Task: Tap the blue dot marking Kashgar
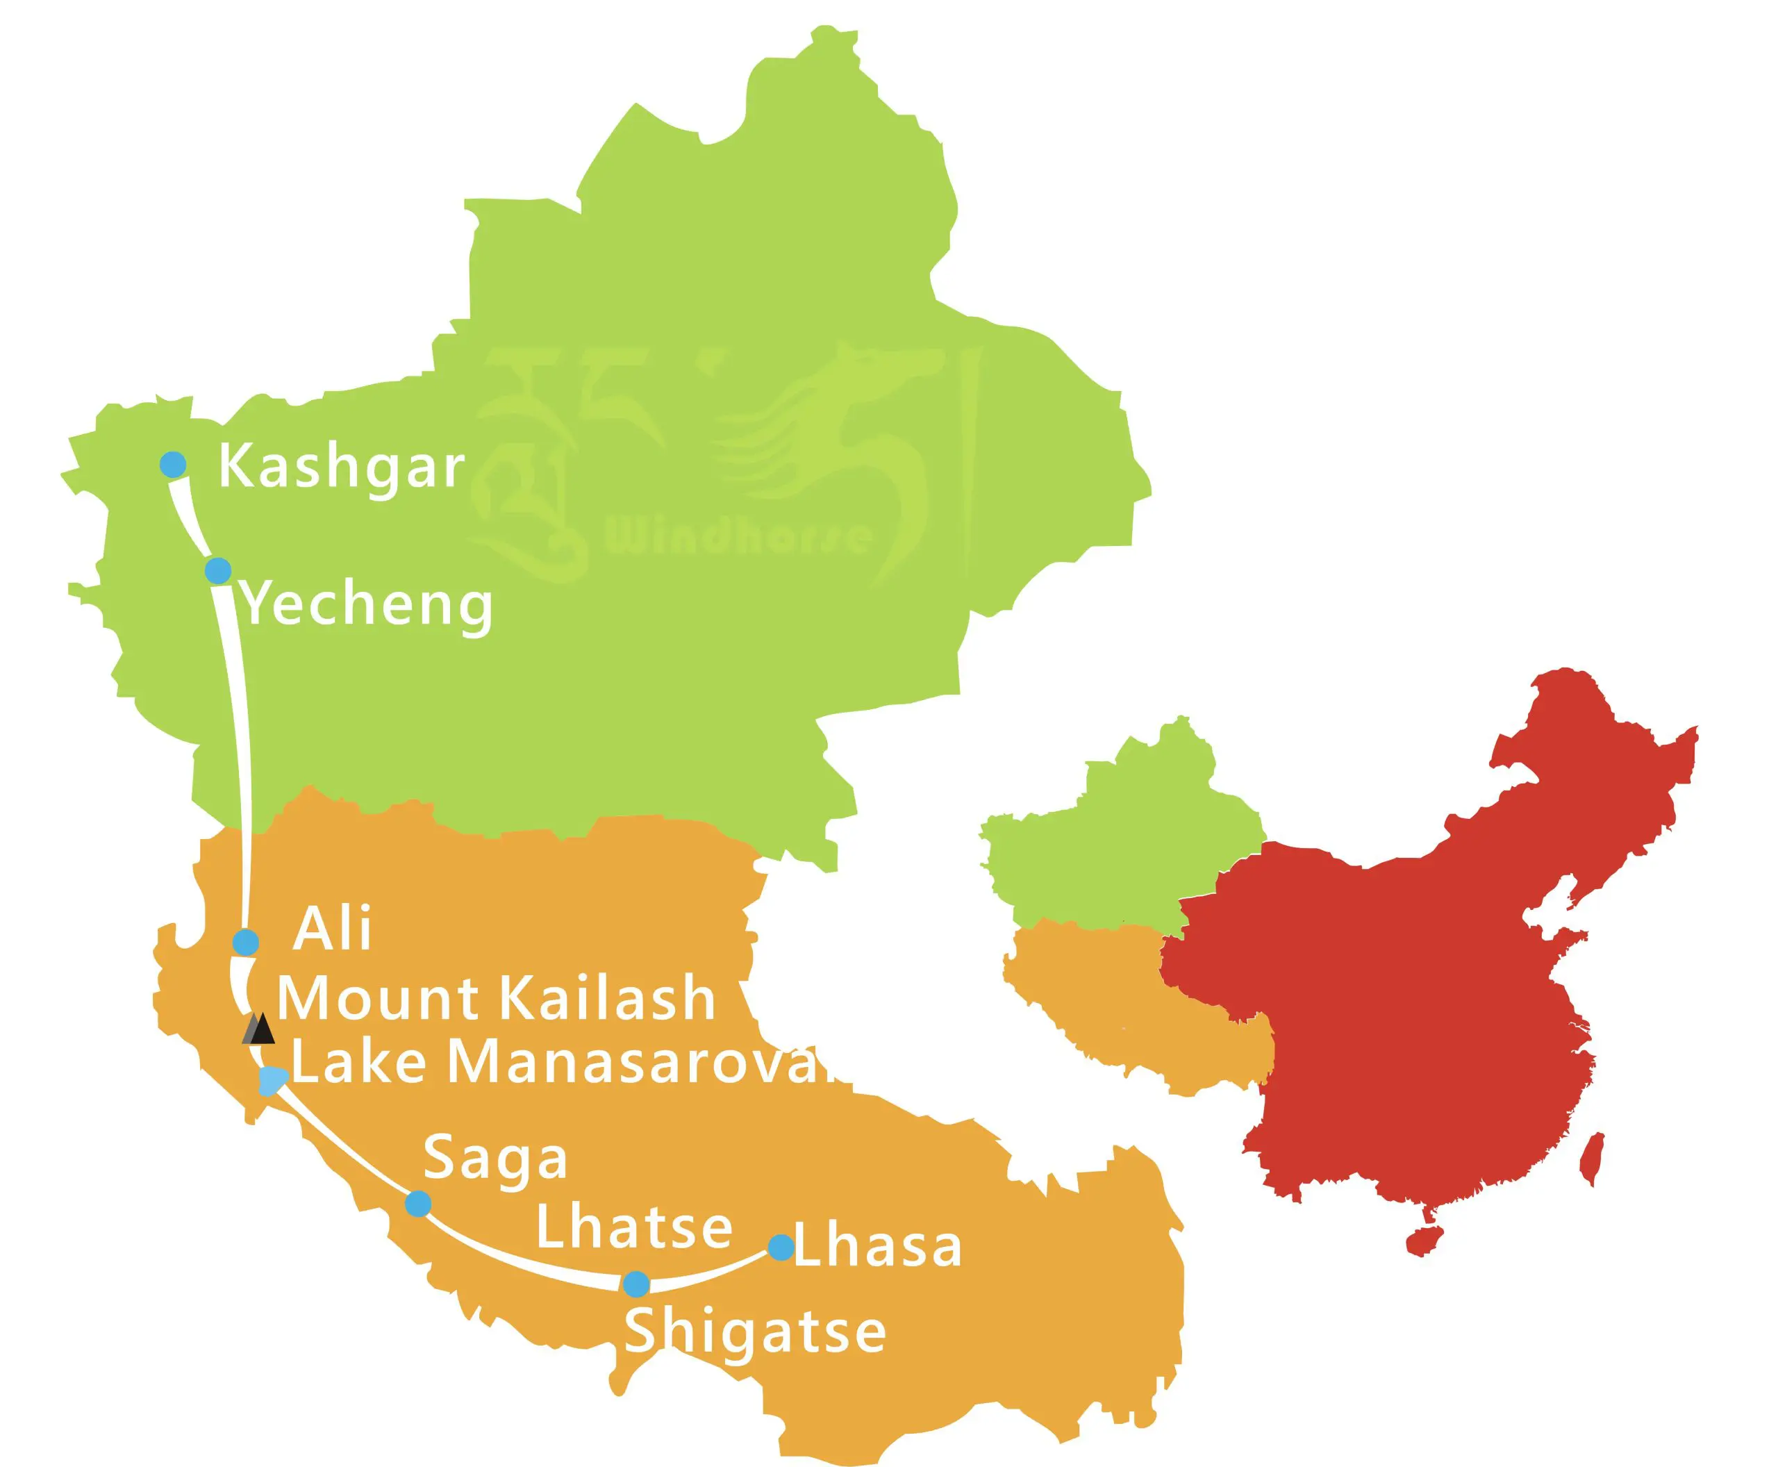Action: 173,464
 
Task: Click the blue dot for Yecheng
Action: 218,570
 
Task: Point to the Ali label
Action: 331,930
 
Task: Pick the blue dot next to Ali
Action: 245,942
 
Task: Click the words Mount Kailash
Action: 497,998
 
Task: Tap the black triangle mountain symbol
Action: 260,1029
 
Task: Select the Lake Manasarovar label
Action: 566,1062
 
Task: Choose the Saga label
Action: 495,1160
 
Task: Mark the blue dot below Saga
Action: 418,1203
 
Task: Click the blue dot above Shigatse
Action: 636,1284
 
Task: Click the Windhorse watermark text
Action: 737,536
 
